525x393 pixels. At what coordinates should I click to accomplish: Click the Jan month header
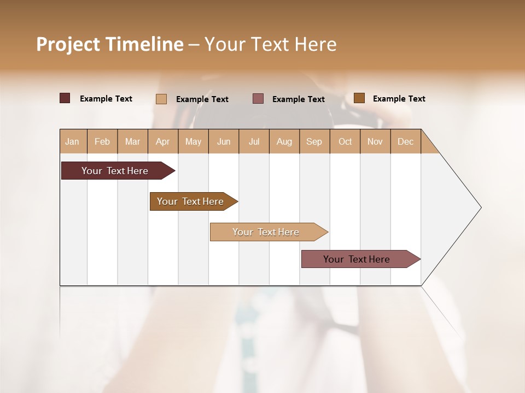[x=72, y=141]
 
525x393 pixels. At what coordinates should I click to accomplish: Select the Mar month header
[x=132, y=141]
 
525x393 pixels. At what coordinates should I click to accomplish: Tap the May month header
[x=193, y=141]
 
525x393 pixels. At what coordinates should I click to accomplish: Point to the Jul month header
[x=254, y=141]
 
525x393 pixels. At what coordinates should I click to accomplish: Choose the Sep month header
[x=314, y=141]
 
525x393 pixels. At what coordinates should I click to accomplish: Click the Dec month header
[x=405, y=141]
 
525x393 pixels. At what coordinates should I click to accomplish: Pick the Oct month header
[x=345, y=141]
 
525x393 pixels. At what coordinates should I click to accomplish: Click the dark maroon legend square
[x=65, y=98]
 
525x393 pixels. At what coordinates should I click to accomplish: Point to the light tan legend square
[x=161, y=99]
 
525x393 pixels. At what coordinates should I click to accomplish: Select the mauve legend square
[x=258, y=98]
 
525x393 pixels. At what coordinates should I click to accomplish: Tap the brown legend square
[x=359, y=98]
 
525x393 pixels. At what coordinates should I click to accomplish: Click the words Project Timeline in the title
[x=110, y=44]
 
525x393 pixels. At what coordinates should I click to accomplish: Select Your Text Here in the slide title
[x=270, y=44]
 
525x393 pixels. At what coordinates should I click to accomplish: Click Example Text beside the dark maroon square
[x=106, y=99]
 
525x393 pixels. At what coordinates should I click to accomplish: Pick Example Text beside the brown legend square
[x=399, y=99]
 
